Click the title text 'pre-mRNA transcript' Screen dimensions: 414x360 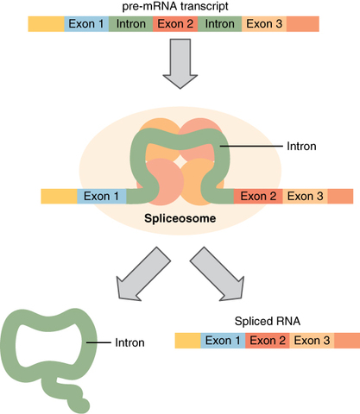(180, 7)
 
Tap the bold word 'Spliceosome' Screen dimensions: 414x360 (180, 219)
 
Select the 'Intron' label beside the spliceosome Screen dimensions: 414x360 (301, 147)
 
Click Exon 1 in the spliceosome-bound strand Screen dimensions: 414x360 (101, 196)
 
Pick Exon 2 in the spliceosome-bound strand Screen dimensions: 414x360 (258, 196)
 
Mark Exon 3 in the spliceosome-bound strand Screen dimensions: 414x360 (305, 196)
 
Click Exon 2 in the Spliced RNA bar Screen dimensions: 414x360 (267, 341)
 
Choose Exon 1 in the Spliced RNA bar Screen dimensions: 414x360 (223, 341)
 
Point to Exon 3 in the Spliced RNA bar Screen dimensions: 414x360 (312, 341)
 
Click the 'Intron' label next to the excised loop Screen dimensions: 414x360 (129, 342)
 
